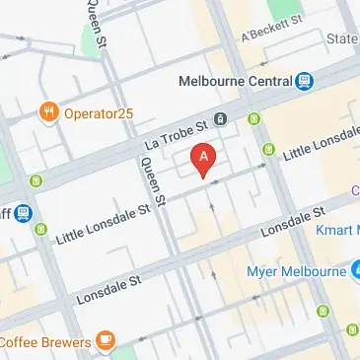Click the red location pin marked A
(203, 158)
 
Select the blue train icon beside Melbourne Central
(305, 81)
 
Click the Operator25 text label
(98, 112)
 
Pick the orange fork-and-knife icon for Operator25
(46, 112)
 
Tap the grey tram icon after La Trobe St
(220, 119)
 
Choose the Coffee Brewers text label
(44, 341)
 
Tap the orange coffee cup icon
(105, 341)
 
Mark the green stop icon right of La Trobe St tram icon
(254, 120)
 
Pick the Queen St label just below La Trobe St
(152, 180)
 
